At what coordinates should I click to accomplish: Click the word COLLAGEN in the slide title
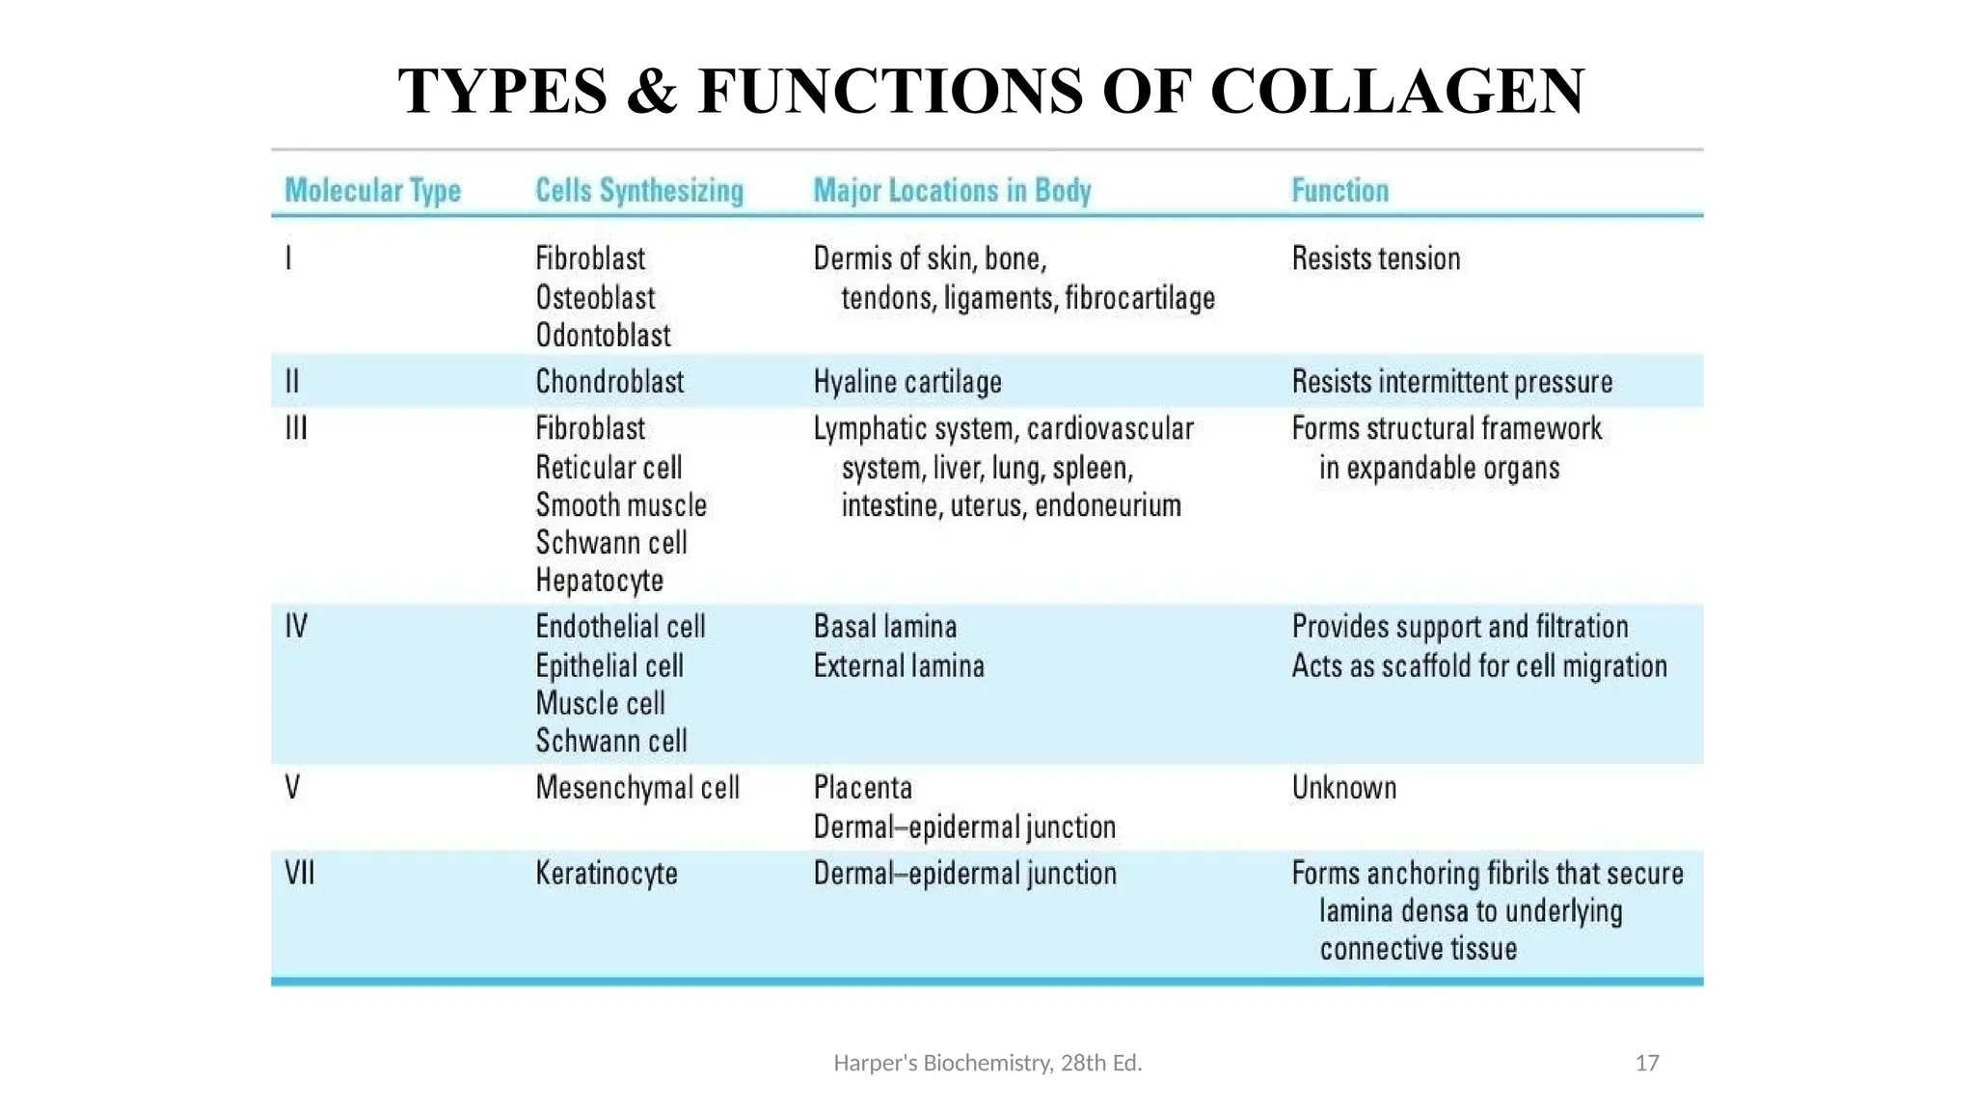click(1397, 92)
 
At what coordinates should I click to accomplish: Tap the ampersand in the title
click(652, 92)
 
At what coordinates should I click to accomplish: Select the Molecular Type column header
click(373, 191)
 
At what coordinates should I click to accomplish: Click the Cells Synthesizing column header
click(639, 191)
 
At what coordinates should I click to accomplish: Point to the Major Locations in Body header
click(952, 191)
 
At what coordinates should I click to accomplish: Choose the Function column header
click(1339, 191)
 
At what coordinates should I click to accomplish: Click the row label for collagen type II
click(292, 382)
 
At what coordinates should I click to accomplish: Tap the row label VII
click(300, 874)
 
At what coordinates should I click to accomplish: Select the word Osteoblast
click(595, 298)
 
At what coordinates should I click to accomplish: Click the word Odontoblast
click(603, 336)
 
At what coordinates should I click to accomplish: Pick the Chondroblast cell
click(609, 382)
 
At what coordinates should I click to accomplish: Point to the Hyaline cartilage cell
click(907, 382)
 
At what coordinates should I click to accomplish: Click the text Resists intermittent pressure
click(1451, 382)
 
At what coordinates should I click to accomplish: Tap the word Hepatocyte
click(599, 581)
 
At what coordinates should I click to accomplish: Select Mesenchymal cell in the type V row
click(637, 788)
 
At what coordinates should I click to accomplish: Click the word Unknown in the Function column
click(1343, 788)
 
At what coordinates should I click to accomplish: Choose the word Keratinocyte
click(607, 874)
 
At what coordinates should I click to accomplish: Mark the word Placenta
click(862, 788)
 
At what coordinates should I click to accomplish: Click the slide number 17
click(1647, 1063)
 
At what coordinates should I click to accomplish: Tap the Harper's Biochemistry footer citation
click(987, 1063)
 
